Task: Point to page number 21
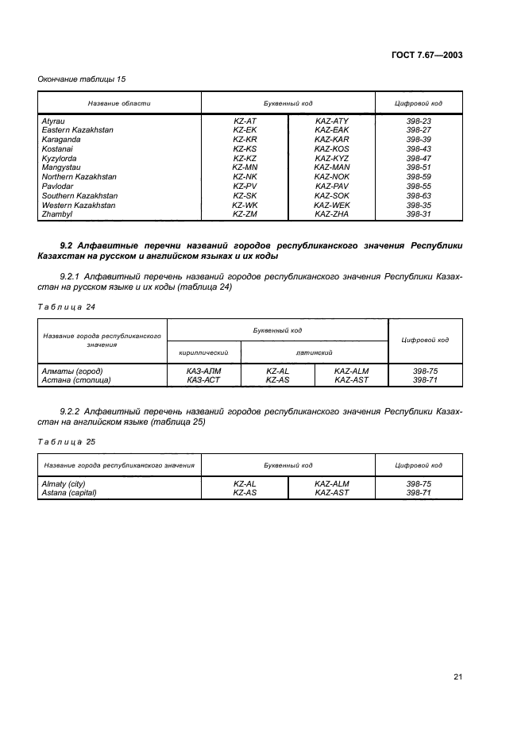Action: (457, 676)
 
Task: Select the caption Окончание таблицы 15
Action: (82, 79)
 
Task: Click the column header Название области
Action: (118, 104)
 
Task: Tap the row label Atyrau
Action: (52, 121)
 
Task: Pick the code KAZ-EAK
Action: (331, 129)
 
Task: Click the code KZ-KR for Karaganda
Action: (244, 139)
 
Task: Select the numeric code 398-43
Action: (419, 148)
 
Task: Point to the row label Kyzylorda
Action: (59, 158)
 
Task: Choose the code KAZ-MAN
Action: (331, 167)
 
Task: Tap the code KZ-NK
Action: (244, 176)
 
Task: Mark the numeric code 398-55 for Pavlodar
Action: (419, 186)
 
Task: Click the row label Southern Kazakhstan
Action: (79, 195)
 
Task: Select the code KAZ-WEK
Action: (331, 205)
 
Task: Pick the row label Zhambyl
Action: (56, 214)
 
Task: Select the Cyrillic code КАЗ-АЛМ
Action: (203, 371)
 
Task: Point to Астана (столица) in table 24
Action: (75, 380)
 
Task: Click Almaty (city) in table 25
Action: (63, 483)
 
